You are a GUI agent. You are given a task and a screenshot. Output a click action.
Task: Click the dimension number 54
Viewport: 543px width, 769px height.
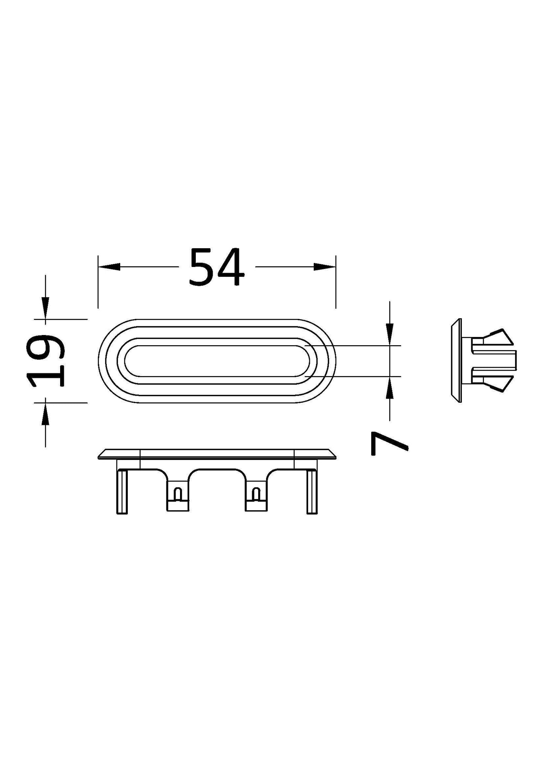click(217, 267)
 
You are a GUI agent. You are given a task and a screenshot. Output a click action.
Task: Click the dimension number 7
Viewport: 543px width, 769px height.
click(389, 444)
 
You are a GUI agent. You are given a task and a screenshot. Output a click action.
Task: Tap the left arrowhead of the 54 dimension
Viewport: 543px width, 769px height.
click(109, 267)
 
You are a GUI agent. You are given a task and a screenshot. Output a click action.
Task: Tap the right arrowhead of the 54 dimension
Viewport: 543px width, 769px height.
click(324, 267)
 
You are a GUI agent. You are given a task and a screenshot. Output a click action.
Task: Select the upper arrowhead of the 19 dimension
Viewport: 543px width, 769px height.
click(45, 308)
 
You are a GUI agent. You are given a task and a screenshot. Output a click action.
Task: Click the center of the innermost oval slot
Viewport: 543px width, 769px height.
click(217, 361)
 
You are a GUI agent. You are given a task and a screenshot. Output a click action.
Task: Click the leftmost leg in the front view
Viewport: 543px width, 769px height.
click(123, 491)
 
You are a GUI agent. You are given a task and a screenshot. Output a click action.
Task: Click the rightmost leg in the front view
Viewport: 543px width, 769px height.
click(312, 491)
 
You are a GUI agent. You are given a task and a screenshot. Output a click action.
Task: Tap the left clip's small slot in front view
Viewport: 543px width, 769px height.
click(177, 493)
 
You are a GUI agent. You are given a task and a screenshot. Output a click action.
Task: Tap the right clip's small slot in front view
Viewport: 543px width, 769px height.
click(256, 493)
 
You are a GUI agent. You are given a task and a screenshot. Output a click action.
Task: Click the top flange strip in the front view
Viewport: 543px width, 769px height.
click(217, 454)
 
